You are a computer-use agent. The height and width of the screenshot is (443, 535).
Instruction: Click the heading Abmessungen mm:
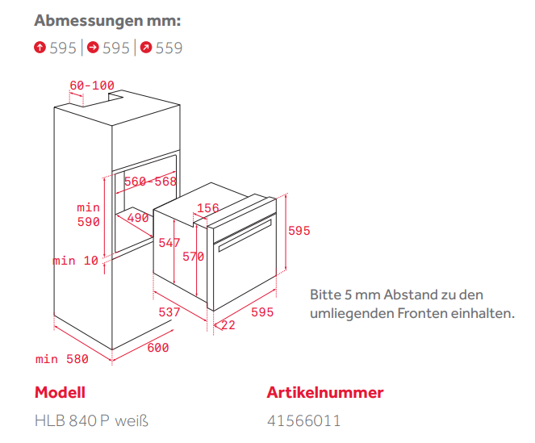click(107, 21)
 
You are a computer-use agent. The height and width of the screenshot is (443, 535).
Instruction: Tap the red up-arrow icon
click(40, 47)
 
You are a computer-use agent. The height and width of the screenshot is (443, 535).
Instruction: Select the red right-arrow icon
click(93, 47)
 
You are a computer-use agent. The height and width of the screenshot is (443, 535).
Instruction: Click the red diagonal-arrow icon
click(146, 47)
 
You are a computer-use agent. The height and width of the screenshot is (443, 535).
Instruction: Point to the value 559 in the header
click(169, 48)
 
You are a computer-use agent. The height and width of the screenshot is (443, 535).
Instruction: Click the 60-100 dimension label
click(92, 86)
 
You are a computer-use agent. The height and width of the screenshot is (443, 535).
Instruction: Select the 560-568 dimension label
click(150, 182)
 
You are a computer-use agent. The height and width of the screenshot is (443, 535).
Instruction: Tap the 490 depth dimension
click(138, 218)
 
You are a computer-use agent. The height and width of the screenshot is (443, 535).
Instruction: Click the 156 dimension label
click(208, 208)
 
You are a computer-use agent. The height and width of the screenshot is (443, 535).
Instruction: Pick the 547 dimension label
click(169, 243)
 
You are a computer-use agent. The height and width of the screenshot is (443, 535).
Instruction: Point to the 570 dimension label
click(193, 257)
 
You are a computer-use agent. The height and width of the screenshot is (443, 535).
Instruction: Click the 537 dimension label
click(169, 312)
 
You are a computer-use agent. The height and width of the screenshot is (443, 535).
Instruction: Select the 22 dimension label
click(228, 325)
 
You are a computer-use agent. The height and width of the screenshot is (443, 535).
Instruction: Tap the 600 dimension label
click(158, 348)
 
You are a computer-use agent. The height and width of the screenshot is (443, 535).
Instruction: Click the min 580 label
click(62, 359)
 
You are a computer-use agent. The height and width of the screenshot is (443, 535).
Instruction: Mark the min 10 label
click(75, 261)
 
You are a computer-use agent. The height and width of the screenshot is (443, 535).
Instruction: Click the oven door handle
click(245, 236)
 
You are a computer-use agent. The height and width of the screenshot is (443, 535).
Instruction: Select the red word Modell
click(60, 392)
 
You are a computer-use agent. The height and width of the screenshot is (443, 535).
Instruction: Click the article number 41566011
click(304, 421)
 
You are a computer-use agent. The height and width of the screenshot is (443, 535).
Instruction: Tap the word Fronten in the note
click(422, 313)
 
